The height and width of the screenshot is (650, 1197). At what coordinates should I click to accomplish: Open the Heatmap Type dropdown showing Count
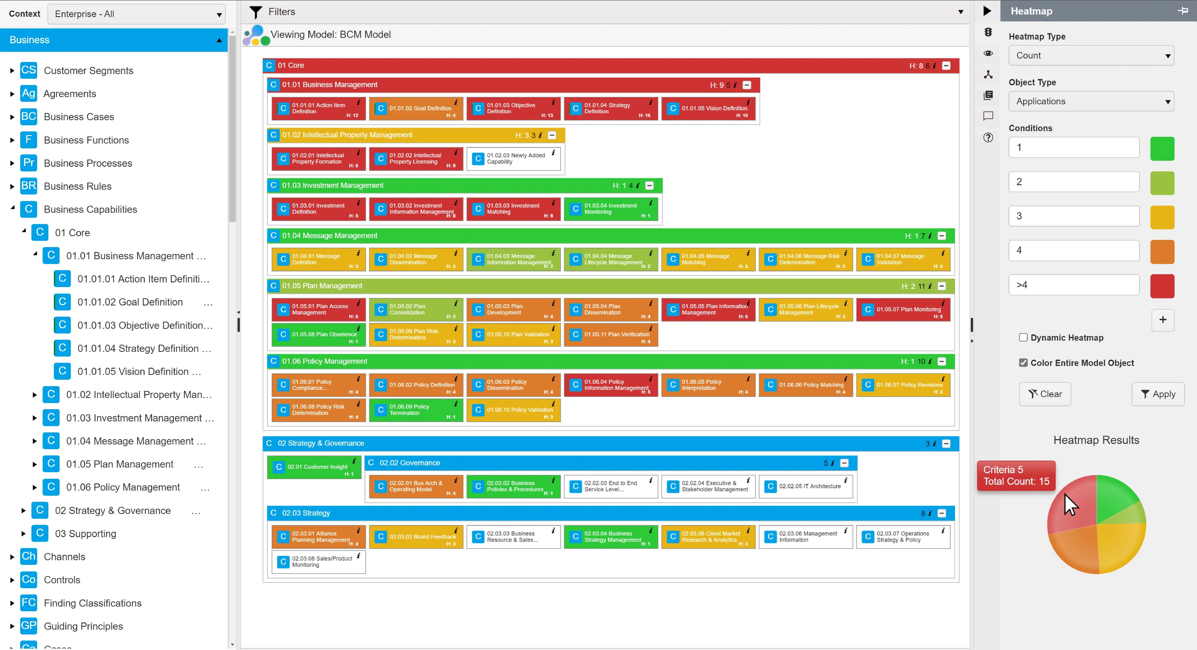tap(1091, 55)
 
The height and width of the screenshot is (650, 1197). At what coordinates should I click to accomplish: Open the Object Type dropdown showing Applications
tap(1091, 101)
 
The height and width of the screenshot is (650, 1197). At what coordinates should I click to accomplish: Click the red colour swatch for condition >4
tap(1162, 286)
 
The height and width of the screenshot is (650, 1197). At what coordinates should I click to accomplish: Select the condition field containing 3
tap(1074, 216)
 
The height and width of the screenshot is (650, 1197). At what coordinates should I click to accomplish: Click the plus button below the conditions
tap(1163, 320)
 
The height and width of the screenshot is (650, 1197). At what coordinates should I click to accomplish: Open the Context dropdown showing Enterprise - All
tap(137, 14)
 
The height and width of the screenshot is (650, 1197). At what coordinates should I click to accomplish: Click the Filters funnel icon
tap(256, 12)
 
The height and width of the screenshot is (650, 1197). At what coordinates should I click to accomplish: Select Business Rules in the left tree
tap(78, 186)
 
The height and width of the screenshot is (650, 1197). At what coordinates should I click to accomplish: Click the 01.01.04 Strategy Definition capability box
tap(611, 108)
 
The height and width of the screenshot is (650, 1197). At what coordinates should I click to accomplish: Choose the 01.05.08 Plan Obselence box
tap(318, 335)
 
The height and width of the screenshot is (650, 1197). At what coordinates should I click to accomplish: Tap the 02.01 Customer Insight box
tap(314, 467)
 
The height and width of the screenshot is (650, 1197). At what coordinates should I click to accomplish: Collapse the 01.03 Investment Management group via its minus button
tap(650, 185)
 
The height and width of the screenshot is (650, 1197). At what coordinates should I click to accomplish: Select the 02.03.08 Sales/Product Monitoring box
tap(318, 562)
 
